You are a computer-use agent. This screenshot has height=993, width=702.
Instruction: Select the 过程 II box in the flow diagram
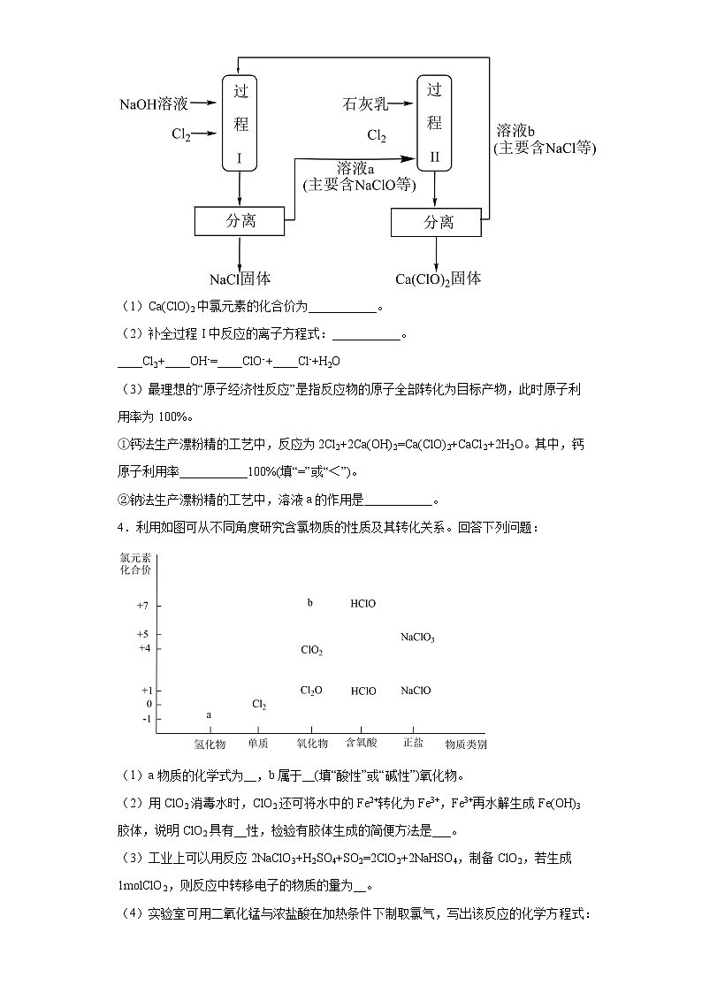(434, 122)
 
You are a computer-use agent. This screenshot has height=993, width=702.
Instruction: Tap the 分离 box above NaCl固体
(240, 221)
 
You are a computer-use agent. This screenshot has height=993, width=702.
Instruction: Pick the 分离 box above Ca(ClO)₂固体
(437, 222)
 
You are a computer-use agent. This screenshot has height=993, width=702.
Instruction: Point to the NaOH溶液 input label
(154, 104)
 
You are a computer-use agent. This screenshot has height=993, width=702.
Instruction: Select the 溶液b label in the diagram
(517, 130)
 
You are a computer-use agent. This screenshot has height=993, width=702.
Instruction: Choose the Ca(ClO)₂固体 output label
(438, 279)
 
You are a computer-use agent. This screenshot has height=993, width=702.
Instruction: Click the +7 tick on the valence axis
(143, 605)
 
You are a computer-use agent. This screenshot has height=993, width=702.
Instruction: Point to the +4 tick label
(143, 649)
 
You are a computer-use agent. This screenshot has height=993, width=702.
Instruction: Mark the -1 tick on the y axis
(146, 719)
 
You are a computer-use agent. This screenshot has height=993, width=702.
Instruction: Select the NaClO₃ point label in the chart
(417, 637)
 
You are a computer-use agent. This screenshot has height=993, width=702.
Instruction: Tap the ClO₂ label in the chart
(311, 650)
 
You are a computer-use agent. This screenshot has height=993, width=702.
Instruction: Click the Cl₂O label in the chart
(311, 691)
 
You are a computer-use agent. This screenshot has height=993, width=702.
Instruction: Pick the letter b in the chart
(309, 603)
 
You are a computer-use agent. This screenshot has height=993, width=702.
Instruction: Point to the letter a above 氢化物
(209, 714)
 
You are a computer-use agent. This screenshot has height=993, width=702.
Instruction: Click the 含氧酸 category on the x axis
(362, 744)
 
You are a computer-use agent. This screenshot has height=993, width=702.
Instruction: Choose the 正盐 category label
(413, 743)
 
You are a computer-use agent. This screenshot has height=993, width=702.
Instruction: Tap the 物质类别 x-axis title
(465, 745)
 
